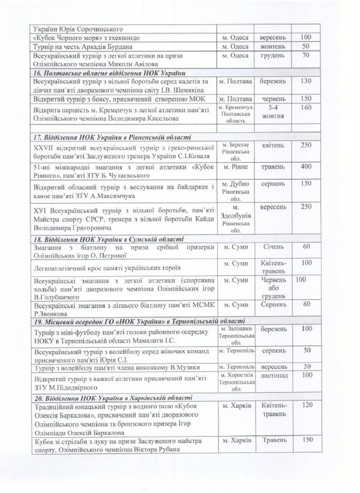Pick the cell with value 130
click(307, 82)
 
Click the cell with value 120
click(307, 407)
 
